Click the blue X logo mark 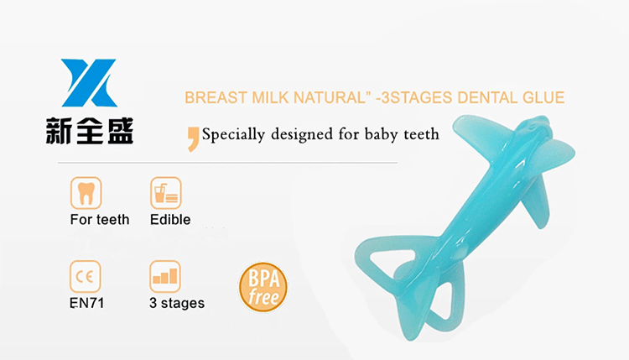click(89, 83)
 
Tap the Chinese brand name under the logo click(90, 131)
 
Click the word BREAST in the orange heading click(216, 97)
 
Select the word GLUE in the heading click(543, 97)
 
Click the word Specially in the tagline click(233, 134)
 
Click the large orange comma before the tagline click(194, 138)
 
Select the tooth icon click(86, 193)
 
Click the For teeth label click(100, 220)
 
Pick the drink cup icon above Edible click(166, 193)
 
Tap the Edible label click(170, 220)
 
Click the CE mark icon click(85, 276)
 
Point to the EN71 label click(86, 303)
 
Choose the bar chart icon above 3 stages click(165, 276)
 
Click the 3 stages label click(176, 303)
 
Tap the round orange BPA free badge click(263, 287)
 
